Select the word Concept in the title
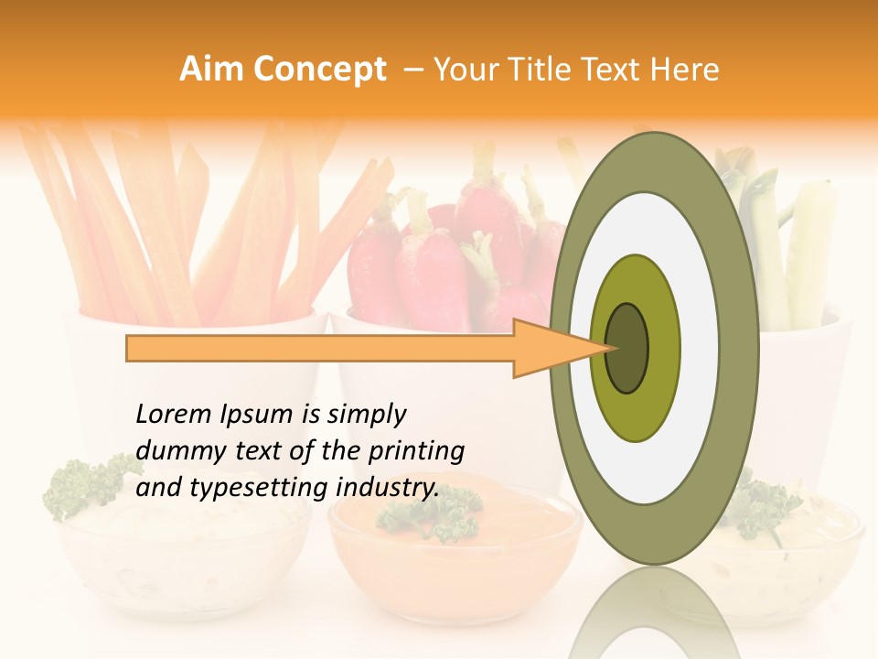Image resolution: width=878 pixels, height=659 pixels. pyautogui.click(x=320, y=70)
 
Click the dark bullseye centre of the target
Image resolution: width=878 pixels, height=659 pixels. pyautogui.click(x=627, y=348)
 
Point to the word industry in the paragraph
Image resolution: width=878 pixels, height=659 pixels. pyautogui.click(x=387, y=489)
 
